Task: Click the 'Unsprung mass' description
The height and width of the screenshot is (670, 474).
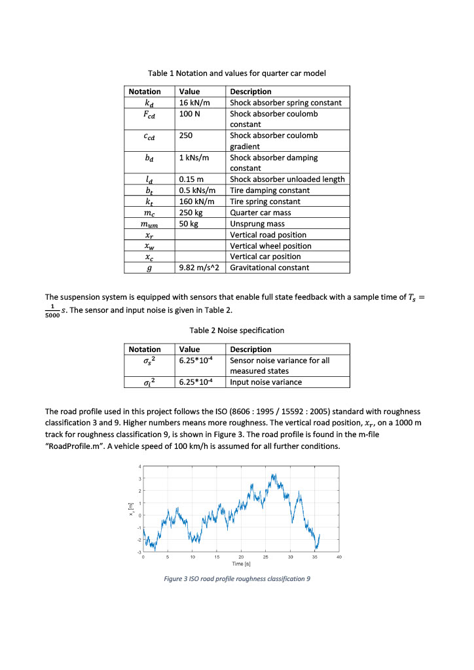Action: click(x=257, y=224)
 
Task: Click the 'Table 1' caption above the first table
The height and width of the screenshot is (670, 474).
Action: click(x=236, y=73)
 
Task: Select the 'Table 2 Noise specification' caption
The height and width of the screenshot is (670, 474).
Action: click(x=236, y=330)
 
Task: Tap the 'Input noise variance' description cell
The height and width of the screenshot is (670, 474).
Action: click(x=266, y=382)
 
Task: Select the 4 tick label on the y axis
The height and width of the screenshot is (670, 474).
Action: click(x=139, y=466)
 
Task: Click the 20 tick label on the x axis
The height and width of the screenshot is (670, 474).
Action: click(x=241, y=556)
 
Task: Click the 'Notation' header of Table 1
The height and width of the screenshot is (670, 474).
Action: click(x=145, y=92)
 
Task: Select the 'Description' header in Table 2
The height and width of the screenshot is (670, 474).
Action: click(x=250, y=349)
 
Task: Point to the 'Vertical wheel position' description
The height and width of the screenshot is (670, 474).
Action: click(x=270, y=246)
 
